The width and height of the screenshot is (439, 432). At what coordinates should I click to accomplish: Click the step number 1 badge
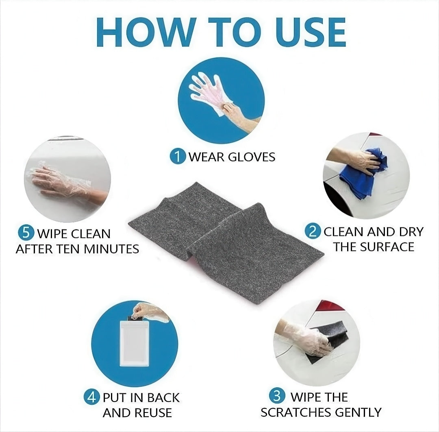click(178, 156)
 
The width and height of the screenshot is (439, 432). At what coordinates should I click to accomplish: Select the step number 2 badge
click(313, 231)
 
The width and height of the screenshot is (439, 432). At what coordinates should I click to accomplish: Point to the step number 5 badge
click(26, 233)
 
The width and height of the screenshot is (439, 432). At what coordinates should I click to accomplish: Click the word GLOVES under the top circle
click(252, 157)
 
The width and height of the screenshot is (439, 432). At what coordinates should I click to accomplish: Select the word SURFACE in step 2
click(387, 247)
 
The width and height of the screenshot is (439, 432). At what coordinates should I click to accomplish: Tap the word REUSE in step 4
click(153, 412)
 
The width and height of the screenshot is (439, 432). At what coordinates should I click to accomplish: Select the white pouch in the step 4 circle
click(135, 343)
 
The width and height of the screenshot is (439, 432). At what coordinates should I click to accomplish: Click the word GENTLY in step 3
click(358, 412)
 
